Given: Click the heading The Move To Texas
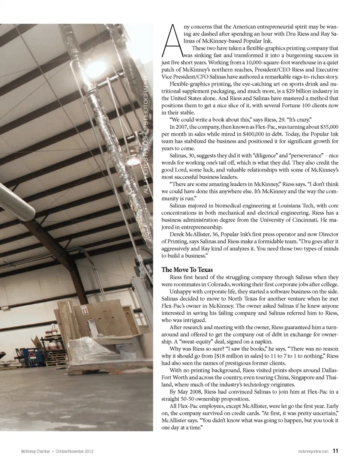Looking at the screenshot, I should [187, 270].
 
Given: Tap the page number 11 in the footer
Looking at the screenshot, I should [336, 451].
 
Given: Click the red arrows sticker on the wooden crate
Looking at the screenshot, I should [85, 311].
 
